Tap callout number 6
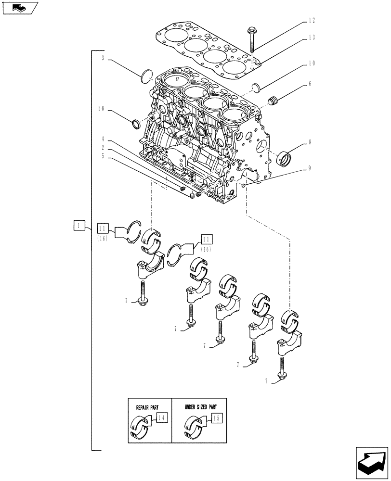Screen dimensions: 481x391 [310, 84]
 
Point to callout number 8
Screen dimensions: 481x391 [310, 142]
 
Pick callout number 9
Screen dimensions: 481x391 [310, 168]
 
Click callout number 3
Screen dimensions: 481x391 [103, 58]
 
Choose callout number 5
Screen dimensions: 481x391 [103, 155]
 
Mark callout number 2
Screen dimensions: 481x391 [103, 147]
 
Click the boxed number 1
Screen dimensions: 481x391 [80, 225]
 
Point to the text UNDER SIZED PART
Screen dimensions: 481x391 [199, 406]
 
